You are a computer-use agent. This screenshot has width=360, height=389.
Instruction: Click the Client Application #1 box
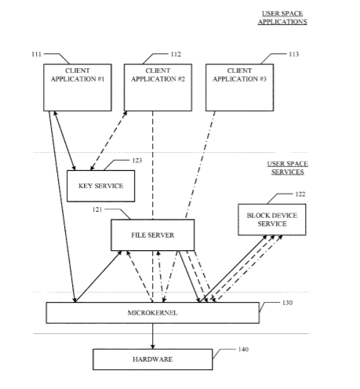pyautogui.click(x=78, y=87)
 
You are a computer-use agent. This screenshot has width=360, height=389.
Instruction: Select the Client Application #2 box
pyautogui.click(x=158, y=87)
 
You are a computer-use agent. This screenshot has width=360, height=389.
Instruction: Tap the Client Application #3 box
pyautogui.click(x=239, y=87)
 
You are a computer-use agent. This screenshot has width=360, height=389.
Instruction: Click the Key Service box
pyautogui.click(x=101, y=186)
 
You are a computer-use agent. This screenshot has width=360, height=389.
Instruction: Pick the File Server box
pyautogui.click(x=153, y=234)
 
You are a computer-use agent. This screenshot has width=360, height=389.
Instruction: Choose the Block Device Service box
pyautogui.click(x=272, y=220)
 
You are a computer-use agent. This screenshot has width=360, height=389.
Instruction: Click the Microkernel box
pyautogui.click(x=153, y=313)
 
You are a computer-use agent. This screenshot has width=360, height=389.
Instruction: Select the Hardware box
pyautogui.click(x=153, y=359)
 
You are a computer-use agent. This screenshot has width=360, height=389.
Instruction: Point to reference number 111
pyautogui.click(x=36, y=54)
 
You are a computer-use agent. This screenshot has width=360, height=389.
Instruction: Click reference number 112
pyautogui.click(x=176, y=54)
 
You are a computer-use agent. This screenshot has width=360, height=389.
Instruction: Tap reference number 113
pyautogui.click(x=293, y=54)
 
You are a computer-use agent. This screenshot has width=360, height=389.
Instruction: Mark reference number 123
pyautogui.click(x=137, y=160)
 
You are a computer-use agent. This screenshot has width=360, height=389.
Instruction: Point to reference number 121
pyautogui.click(x=97, y=209)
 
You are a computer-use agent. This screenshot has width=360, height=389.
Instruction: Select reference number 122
pyautogui.click(x=300, y=194)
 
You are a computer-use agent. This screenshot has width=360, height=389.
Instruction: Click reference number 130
pyautogui.click(x=287, y=303)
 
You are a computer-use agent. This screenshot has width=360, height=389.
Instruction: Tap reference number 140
pyautogui.click(x=243, y=349)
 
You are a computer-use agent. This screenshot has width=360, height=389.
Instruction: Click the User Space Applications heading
pyautogui.click(x=282, y=17)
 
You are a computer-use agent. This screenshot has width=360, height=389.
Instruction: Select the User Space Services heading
pyautogui.click(x=287, y=168)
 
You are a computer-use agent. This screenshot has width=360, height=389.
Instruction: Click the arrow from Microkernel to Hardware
pyautogui.click(x=153, y=336)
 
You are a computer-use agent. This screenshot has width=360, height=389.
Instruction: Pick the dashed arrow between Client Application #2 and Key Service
pyautogui.click(x=108, y=140)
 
